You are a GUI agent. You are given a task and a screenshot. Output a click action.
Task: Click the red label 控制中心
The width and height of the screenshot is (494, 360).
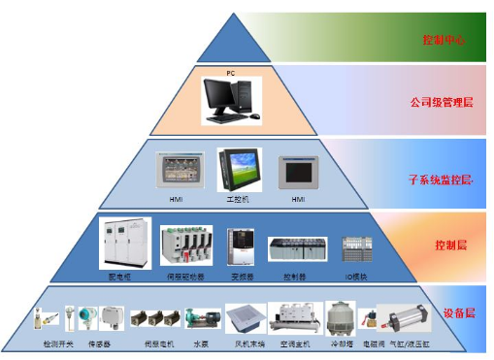point(445,41)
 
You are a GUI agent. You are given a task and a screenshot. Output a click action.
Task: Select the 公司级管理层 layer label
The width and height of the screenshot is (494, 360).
point(442,102)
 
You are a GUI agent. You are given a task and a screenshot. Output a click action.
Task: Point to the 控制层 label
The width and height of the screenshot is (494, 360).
point(451,246)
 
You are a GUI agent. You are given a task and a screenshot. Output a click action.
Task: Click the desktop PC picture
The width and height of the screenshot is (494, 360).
point(231,98)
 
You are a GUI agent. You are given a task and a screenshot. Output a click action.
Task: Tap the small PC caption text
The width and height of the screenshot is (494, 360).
point(231,72)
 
